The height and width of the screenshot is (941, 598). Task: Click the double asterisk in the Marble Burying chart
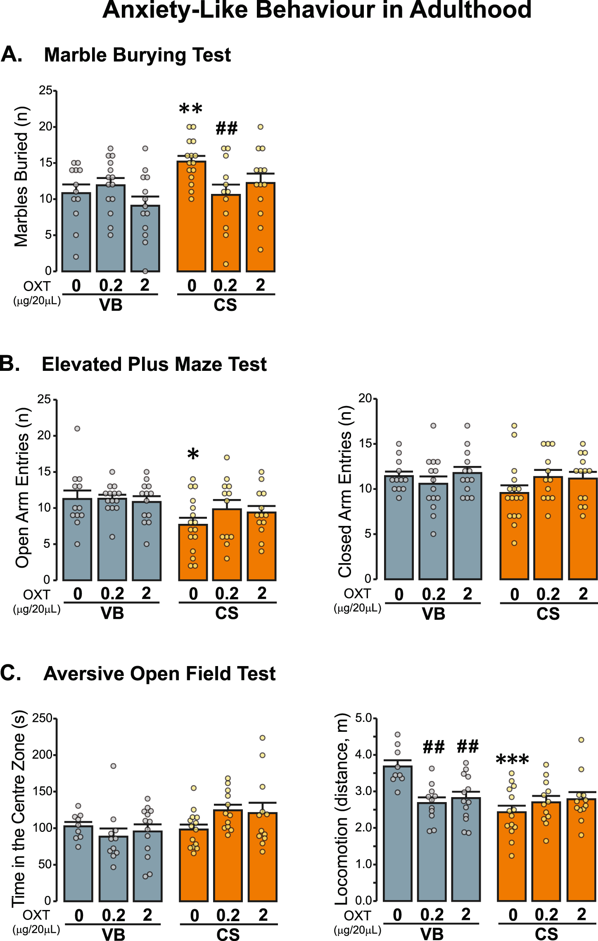tap(191, 110)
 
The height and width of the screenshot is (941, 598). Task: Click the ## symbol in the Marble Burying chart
tap(226, 129)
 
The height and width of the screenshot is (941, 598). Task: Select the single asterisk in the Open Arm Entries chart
tap(193, 455)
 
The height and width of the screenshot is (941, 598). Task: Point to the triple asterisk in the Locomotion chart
tap(512, 760)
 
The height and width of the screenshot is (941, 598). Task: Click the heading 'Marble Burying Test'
tap(137, 55)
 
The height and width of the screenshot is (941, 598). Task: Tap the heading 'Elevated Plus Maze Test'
tap(154, 364)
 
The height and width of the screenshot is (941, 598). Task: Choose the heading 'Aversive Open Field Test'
tap(159, 674)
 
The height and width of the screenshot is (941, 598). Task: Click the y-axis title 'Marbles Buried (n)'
tap(21, 177)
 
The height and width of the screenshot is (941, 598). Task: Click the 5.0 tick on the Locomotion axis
tap(363, 718)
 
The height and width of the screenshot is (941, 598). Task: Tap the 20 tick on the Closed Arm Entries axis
tap(365, 399)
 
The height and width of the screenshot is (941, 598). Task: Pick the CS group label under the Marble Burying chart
tap(225, 305)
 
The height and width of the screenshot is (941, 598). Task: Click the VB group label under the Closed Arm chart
tap(433, 614)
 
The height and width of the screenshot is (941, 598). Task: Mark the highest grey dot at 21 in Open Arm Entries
tap(77, 429)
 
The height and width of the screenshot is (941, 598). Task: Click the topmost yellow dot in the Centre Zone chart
tap(262, 738)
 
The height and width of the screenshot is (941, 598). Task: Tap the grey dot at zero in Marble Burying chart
tap(145, 271)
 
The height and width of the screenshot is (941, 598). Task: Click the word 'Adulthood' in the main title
tap(470, 10)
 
